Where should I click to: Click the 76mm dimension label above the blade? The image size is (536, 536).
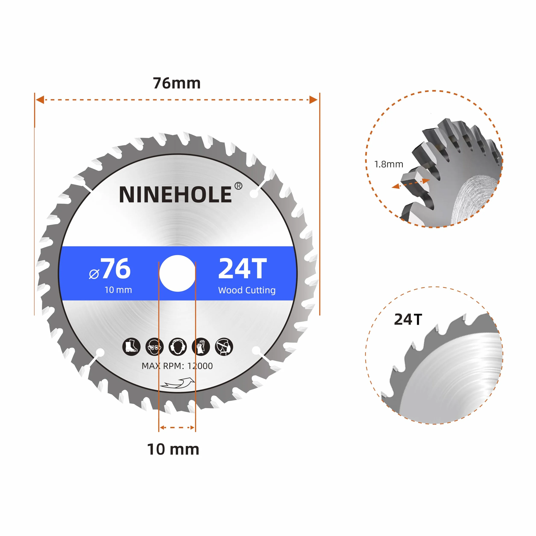(x=177, y=83)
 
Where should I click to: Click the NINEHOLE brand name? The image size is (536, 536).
(x=175, y=195)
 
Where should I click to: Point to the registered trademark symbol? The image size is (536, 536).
(x=238, y=186)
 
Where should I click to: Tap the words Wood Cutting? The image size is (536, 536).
(x=247, y=290)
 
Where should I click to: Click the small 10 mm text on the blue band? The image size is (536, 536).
(x=118, y=290)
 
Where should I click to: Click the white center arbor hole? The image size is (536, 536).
(x=177, y=273)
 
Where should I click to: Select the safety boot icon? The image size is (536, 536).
(x=131, y=347)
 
